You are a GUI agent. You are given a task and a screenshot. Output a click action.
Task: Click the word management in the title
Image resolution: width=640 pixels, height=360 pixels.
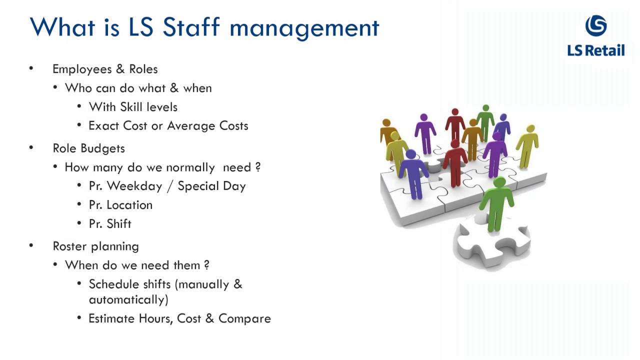(x=304, y=28)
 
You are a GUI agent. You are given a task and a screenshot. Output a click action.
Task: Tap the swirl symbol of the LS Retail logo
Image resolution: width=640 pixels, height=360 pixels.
(x=596, y=25)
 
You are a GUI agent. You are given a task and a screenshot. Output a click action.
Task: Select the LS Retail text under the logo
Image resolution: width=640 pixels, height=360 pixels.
(x=596, y=50)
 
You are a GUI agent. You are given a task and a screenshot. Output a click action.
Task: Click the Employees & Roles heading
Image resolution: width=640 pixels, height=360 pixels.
(x=105, y=69)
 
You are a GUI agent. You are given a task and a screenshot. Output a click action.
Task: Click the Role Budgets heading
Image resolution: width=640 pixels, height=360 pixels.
(x=89, y=148)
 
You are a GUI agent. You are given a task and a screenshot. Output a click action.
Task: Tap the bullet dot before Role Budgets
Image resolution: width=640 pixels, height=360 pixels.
(x=31, y=147)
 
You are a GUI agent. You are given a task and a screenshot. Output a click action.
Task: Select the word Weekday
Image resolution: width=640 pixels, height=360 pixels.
(x=134, y=186)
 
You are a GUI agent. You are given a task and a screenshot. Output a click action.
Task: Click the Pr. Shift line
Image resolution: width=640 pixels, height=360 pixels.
(x=110, y=224)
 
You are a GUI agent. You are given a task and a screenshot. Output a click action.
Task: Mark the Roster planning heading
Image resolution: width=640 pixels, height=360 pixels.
(x=96, y=246)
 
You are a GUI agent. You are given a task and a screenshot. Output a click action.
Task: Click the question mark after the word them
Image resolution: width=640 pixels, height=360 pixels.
(x=206, y=265)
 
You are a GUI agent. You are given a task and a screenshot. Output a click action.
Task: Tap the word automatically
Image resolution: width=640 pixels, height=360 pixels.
(x=128, y=299)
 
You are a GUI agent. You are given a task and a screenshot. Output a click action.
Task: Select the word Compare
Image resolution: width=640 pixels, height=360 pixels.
(x=244, y=318)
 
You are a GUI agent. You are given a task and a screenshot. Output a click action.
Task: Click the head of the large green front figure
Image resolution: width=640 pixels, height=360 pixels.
(x=498, y=182)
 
